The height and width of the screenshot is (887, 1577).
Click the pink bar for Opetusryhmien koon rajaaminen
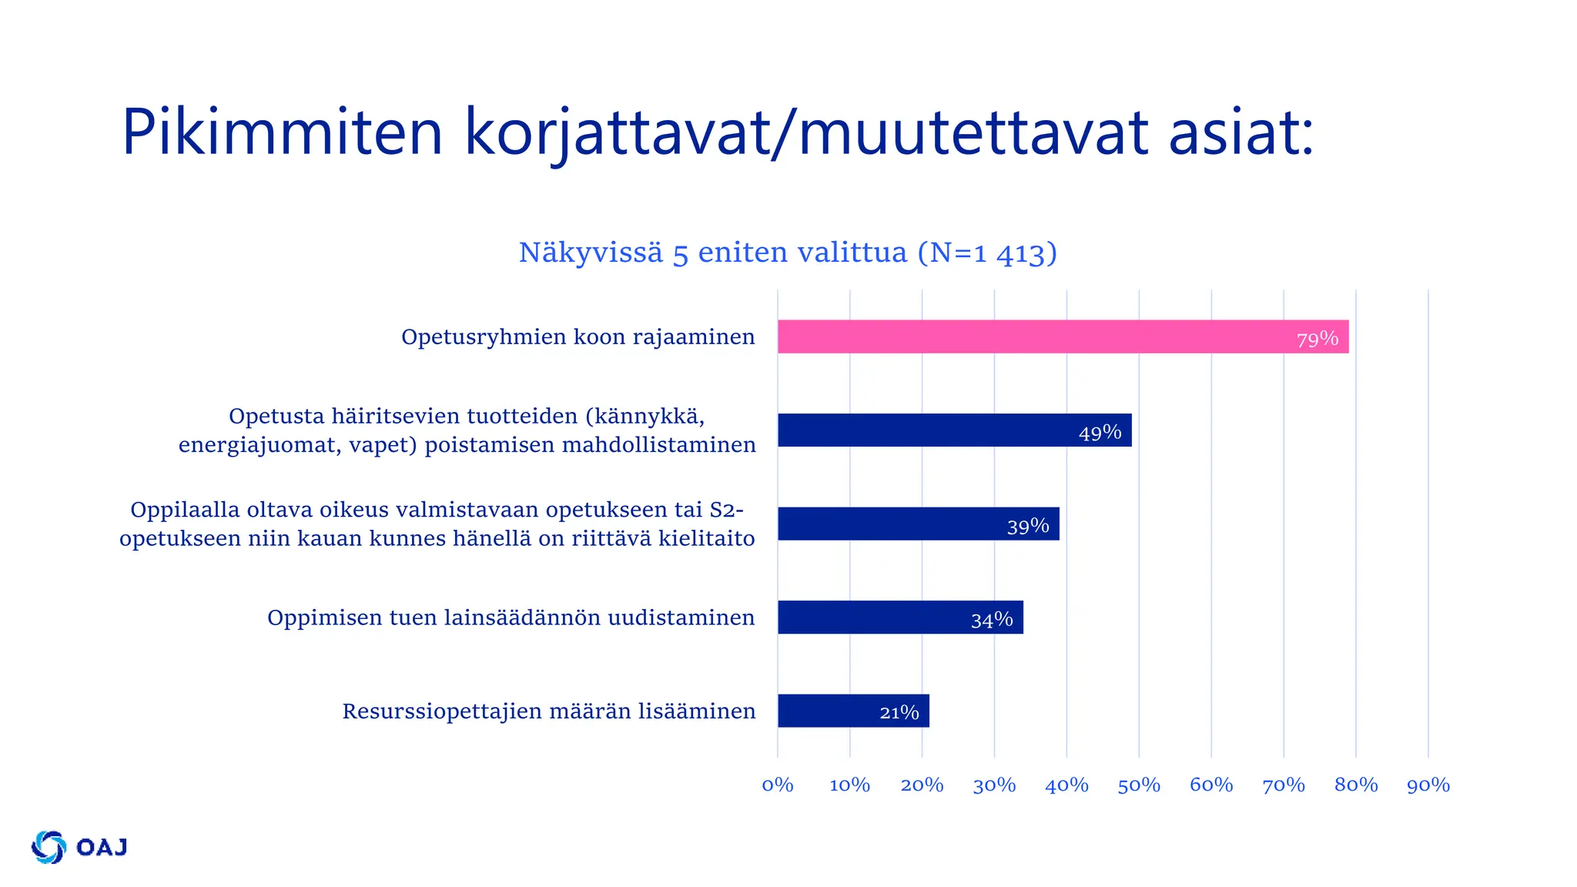[x=1063, y=336]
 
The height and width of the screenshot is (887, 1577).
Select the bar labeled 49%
[x=954, y=430]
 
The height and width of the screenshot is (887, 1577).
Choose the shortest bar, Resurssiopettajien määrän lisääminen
[x=852, y=711]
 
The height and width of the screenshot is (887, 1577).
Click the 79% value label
[x=1317, y=339]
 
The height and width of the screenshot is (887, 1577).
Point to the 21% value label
[x=899, y=712]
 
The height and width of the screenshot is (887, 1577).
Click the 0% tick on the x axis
[x=778, y=785]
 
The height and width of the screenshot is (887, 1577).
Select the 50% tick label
[x=1139, y=785]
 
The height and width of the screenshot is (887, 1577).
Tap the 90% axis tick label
[x=1428, y=785]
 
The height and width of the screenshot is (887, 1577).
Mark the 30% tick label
[x=994, y=785]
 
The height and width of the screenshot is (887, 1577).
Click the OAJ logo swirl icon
[x=49, y=847]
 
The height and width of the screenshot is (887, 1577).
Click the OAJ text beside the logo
[x=102, y=847]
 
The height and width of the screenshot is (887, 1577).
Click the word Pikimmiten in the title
[x=282, y=132]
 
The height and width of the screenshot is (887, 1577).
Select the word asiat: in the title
[x=1241, y=132]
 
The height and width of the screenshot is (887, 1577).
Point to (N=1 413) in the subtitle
[x=987, y=253]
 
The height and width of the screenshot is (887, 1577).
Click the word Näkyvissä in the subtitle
[x=591, y=253]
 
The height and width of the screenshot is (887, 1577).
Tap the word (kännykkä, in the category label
[x=645, y=417]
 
